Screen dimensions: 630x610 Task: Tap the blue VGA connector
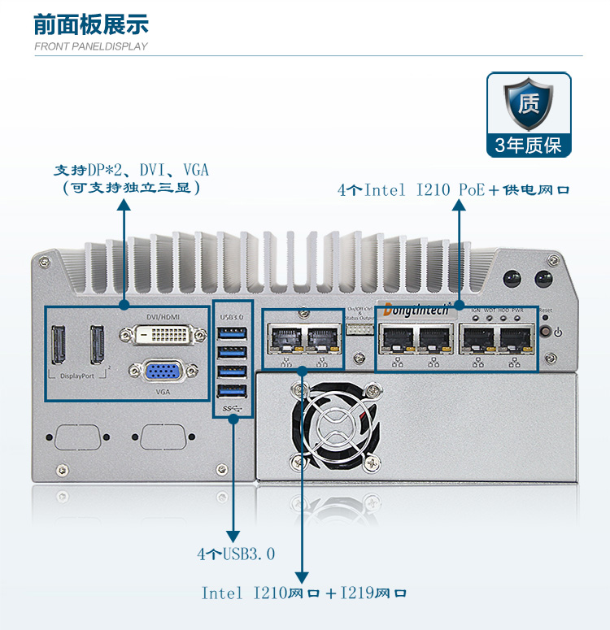[163, 371]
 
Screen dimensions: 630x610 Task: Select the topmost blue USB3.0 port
[232, 333]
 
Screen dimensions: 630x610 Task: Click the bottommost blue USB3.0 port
[232, 390]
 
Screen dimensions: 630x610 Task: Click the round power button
[557, 332]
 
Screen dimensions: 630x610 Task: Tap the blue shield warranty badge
[529, 105]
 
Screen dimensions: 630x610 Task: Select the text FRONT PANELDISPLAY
[91, 46]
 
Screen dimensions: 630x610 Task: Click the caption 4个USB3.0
[236, 554]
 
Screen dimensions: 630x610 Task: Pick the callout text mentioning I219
[304, 593]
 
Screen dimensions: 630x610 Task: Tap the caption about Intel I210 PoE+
[453, 190]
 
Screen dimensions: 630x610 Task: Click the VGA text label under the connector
[163, 391]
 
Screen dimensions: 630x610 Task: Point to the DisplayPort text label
[77, 376]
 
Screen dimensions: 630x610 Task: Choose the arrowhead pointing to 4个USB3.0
[233, 536]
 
